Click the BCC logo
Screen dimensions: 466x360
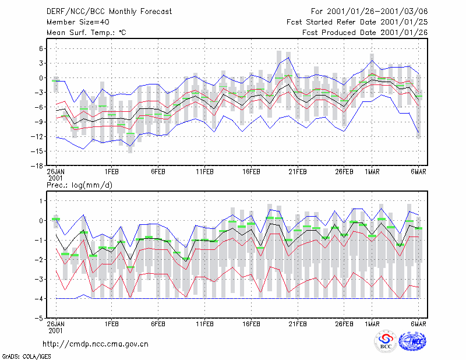[x=386, y=342]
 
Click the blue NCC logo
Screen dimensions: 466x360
[x=412, y=341]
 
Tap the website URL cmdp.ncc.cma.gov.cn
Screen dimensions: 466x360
[x=96, y=344]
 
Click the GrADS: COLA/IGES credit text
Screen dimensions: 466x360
[x=26, y=357]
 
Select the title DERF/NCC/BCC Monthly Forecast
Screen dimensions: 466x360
[x=109, y=12]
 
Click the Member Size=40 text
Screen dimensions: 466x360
[x=78, y=22]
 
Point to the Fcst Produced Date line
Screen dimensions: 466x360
[x=365, y=33]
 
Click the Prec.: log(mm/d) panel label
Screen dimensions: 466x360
[x=79, y=185]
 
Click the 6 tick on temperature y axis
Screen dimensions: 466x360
[x=41, y=48]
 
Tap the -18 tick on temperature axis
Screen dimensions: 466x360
[x=37, y=166]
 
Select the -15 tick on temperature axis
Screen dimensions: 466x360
[x=37, y=151]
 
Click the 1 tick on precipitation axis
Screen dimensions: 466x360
[x=41, y=201]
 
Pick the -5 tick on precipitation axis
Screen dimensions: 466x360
[x=39, y=318]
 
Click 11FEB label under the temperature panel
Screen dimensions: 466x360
[x=205, y=172]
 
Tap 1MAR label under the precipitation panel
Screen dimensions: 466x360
[x=372, y=324]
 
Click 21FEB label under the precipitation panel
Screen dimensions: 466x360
[x=298, y=324]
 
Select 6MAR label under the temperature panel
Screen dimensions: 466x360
[x=418, y=172]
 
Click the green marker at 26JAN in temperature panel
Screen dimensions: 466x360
[x=56, y=81]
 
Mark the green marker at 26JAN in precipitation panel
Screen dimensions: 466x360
[x=56, y=219]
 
